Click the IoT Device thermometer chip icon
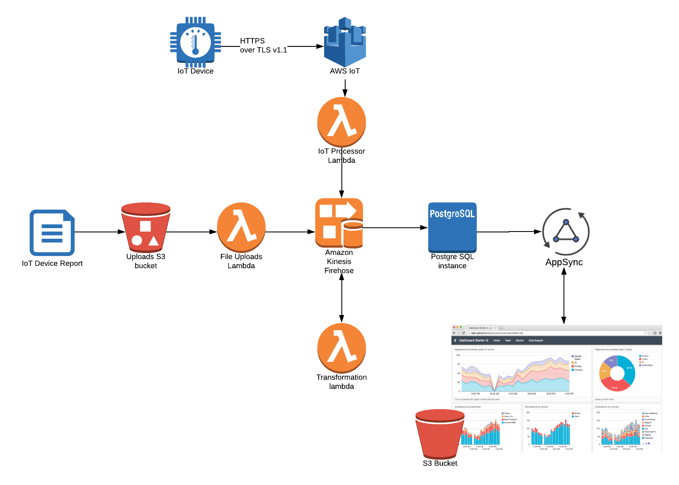195,42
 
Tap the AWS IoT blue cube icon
345,42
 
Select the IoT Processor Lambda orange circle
341,122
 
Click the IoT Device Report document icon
52,232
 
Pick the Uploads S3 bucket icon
146,228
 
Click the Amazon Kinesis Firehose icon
339,223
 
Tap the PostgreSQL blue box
452,227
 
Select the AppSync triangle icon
566,232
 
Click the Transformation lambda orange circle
341,348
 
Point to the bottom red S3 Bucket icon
440,434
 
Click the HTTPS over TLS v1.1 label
263,46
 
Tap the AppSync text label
564,262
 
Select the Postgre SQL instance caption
452,261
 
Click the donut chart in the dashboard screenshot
617,373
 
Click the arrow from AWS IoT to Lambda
345,88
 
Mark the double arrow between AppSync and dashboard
564,296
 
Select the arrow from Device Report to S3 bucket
99,232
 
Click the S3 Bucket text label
440,463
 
